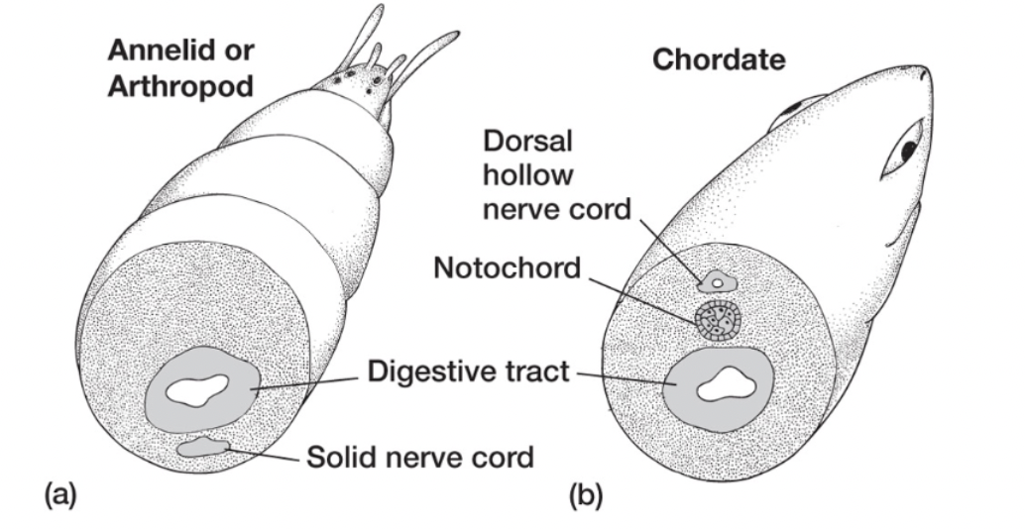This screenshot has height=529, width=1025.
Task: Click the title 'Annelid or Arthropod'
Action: pyautogui.click(x=180, y=66)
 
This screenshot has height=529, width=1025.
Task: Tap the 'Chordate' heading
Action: pyautogui.click(x=718, y=60)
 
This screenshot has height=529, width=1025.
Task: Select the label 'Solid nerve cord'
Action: pyautogui.click(x=419, y=458)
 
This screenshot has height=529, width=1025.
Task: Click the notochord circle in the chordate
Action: pyautogui.click(x=715, y=320)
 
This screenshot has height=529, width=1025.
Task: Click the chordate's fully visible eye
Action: pyautogui.click(x=910, y=150)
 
